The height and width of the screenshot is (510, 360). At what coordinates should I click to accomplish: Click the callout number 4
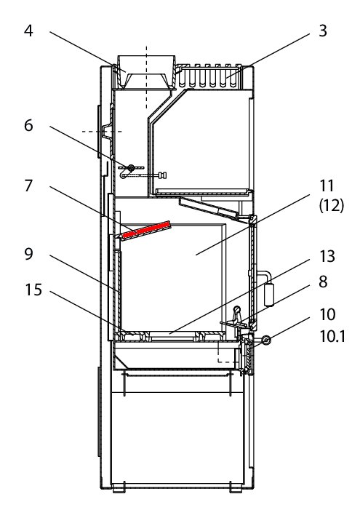point(28,31)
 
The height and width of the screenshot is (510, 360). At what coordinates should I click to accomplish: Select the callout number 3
point(323,31)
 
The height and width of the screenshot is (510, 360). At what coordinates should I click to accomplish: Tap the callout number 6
point(28,125)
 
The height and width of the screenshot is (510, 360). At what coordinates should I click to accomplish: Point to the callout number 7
point(28,186)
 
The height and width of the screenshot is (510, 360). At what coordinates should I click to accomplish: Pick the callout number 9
point(28,254)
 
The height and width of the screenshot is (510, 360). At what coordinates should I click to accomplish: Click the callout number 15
point(33,290)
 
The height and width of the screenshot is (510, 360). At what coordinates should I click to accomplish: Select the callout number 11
point(327,186)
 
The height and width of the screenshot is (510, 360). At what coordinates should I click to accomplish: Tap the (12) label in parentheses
point(332,206)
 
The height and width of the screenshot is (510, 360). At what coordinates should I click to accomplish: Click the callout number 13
point(327,256)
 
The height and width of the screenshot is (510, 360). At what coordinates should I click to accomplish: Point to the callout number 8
point(323,282)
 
